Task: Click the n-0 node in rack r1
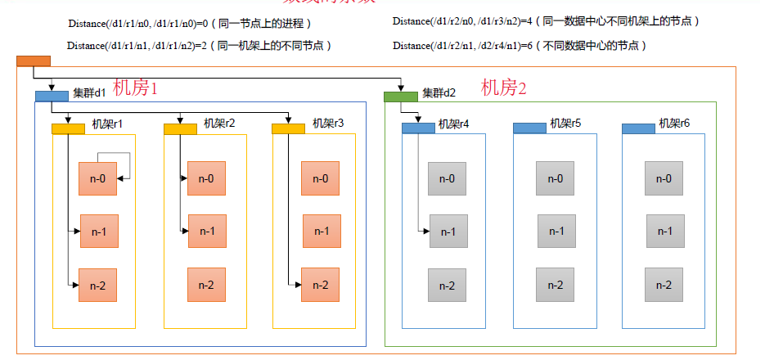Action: coord(97,178)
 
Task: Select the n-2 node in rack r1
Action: coord(97,285)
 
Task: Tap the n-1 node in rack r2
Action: coord(207,231)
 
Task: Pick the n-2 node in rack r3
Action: coord(320,285)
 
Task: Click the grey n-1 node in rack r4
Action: coord(448,231)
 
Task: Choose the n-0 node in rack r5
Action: coord(555,178)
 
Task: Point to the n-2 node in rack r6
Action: coord(664,285)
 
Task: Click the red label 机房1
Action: coord(135,88)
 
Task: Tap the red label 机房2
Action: coord(503,88)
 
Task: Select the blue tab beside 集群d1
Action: coord(52,96)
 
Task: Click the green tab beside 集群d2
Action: coord(401,97)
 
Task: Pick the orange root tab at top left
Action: coord(34,60)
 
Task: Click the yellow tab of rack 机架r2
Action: coord(181,128)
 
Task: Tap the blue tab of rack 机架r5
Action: coord(529,128)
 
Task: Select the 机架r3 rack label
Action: coord(328,124)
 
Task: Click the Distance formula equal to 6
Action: coord(520,46)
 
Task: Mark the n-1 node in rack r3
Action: coord(322,231)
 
